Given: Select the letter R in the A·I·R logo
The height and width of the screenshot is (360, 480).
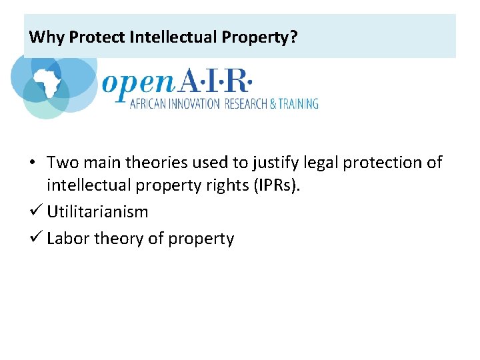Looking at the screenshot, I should [x=236, y=83].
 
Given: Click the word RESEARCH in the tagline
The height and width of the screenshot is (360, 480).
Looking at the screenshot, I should [x=245, y=103].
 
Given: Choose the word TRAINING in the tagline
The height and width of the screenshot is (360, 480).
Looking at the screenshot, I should [x=297, y=103].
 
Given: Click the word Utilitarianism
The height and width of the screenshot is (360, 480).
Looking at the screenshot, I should [x=97, y=212].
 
